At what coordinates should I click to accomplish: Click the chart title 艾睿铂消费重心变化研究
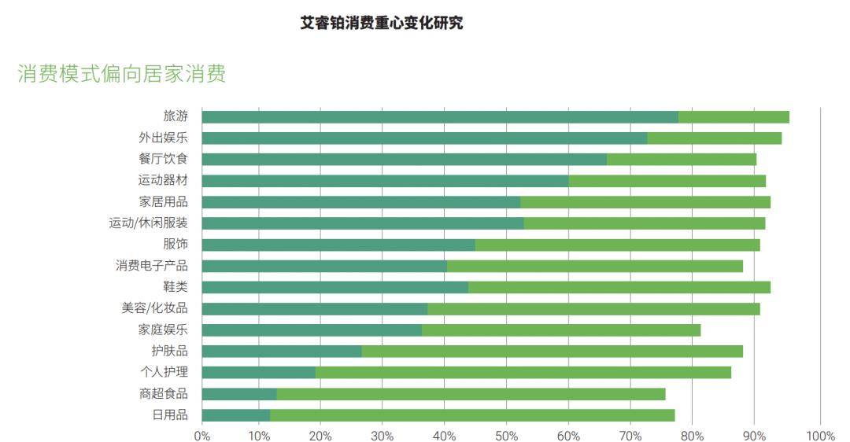382,23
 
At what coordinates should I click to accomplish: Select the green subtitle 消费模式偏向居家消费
122,74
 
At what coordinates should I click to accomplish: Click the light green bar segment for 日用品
472,414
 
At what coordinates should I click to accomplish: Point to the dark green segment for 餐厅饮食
404,159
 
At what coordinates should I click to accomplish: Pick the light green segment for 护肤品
552,351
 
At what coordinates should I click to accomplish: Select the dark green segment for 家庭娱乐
312,330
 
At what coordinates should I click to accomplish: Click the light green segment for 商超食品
471,393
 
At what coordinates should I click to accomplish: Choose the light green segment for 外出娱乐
714,138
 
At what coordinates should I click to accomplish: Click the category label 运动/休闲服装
148,223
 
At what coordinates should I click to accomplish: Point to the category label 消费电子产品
152,265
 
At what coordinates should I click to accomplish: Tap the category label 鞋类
175,286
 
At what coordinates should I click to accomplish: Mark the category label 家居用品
163,201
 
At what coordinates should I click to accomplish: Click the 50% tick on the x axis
506,435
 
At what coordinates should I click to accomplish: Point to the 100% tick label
821,435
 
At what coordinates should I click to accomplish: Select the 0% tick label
202,435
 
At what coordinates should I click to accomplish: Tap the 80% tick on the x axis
692,435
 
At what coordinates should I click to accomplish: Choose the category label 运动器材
163,180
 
